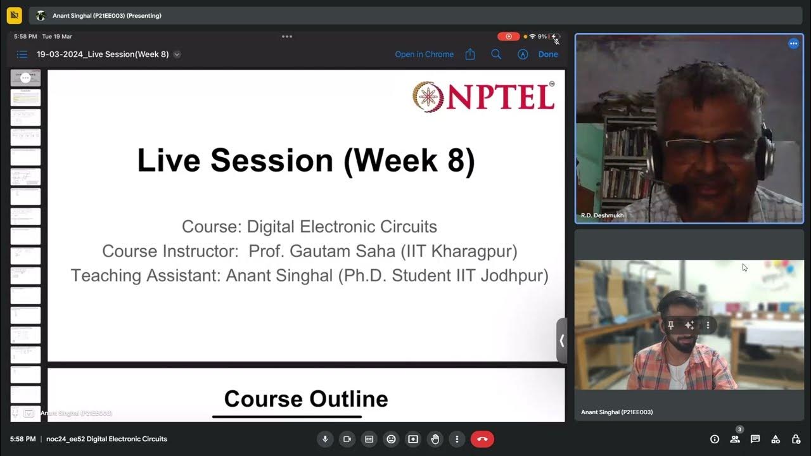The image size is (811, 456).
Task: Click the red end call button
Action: click(x=482, y=439)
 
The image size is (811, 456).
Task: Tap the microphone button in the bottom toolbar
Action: click(x=325, y=439)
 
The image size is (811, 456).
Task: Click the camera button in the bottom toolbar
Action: click(x=347, y=439)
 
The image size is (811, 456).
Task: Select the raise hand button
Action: click(x=435, y=439)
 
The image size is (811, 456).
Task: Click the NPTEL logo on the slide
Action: click(x=483, y=96)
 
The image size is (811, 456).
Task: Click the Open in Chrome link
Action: click(x=424, y=54)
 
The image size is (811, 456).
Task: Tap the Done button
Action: click(x=548, y=54)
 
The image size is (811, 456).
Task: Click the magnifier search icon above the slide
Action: click(x=496, y=54)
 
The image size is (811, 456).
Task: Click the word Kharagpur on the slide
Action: click(x=474, y=251)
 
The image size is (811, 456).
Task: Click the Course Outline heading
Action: click(x=306, y=399)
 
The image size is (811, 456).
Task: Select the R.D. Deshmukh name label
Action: click(x=602, y=216)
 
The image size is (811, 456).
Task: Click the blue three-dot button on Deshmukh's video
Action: click(x=793, y=44)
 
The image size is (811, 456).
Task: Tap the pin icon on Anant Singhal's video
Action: click(x=671, y=326)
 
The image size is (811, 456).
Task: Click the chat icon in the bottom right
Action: click(x=755, y=439)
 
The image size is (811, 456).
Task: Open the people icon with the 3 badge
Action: click(x=735, y=439)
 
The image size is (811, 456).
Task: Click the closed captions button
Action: click(x=369, y=439)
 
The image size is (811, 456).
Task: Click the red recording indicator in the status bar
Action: click(x=508, y=37)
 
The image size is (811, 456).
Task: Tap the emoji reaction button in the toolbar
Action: click(x=391, y=439)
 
